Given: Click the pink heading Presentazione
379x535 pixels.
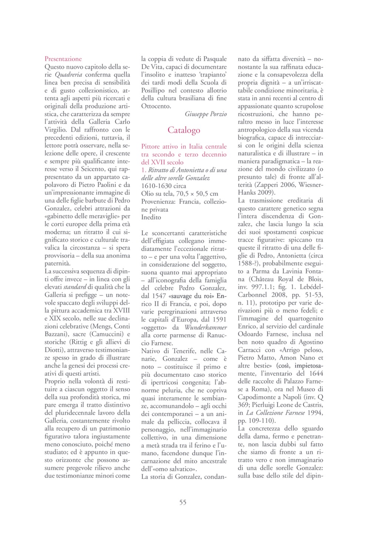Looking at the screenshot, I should [63, 59].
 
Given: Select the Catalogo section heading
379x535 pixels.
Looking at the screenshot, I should [184, 130].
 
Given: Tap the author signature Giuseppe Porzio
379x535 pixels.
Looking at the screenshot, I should [206, 114].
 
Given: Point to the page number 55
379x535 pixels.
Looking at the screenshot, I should [183, 502].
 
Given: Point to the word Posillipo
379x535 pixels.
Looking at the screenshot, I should [153, 90].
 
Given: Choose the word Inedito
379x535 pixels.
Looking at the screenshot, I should [151, 217].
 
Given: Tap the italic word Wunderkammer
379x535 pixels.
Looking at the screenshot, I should [206, 328].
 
